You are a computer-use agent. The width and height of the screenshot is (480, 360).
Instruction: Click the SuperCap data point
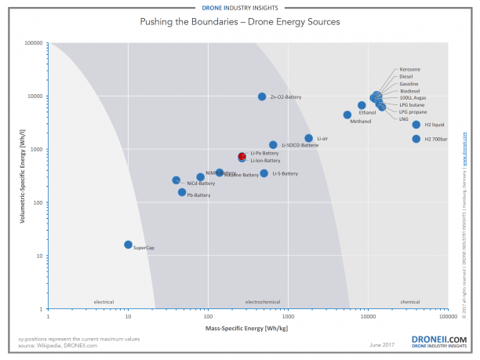click(128, 245)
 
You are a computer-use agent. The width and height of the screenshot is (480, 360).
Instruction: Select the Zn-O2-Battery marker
click(262, 96)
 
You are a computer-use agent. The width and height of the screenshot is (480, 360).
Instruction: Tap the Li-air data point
click(309, 139)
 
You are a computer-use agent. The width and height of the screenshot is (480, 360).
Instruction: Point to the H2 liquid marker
click(416, 125)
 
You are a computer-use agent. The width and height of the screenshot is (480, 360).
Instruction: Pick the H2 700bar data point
click(416, 139)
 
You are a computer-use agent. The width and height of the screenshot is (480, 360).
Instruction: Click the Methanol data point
click(347, 115)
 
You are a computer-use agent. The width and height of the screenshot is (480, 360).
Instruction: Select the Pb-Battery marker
click(182, 192)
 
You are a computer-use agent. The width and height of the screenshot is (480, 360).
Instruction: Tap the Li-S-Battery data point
click(264, 173)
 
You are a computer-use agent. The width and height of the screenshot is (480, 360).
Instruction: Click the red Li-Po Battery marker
click(242, 157)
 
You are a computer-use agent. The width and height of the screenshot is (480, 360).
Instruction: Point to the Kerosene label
click(409, 69)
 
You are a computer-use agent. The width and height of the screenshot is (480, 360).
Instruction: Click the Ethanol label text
click(367, 113)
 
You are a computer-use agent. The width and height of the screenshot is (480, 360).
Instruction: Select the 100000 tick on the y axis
click(32, 43)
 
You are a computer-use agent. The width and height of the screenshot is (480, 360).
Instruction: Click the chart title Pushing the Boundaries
click(240, 22)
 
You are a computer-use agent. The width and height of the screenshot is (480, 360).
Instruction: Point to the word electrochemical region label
click(263, 301)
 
